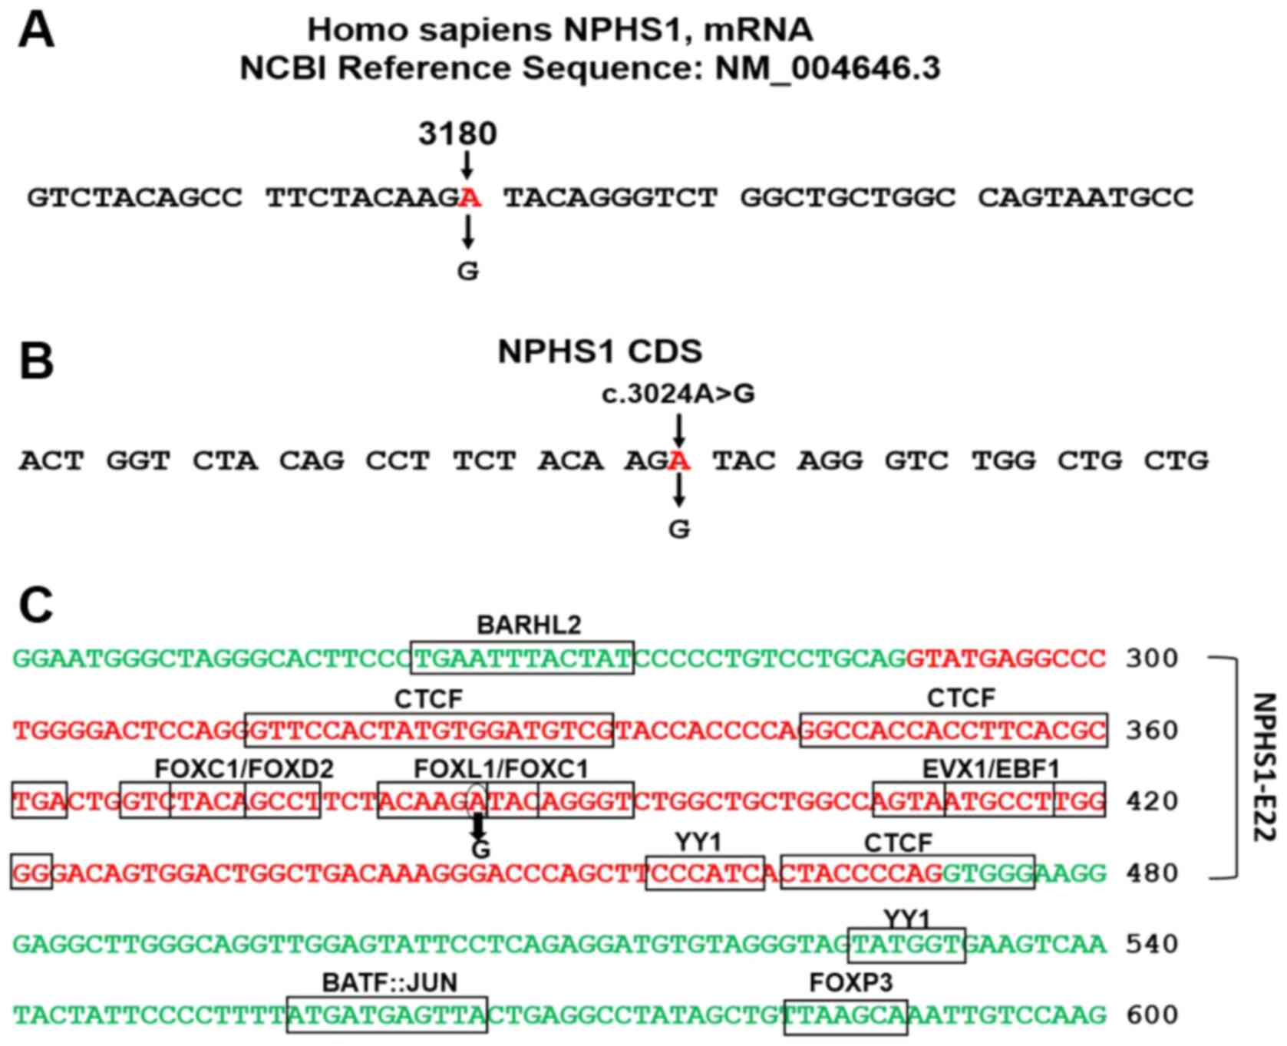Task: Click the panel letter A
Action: tap(36, 32)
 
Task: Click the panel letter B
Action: tap(36, 361)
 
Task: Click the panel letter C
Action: tap(36, 606)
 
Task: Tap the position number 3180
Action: tap(457, 134)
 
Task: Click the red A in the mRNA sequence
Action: tap(469, 198)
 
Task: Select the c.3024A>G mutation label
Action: tap(678, 394)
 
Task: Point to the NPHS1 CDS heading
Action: tap(599, 351)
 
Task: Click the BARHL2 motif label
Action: tap(529, 625)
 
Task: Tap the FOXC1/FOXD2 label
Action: tap(244, 769)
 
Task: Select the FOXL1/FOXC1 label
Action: tap(501, 769)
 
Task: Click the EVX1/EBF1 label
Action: tap(990, 769)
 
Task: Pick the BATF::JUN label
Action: tap(389, 982)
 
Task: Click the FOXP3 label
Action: tap(850, 982)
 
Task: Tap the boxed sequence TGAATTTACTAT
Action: tap(522, 658)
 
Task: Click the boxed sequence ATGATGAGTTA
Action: tap(387, 1015)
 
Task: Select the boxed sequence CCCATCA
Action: tap(705, 873)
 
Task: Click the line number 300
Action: tap(1151, 658)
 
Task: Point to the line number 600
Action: tap(1151, 1015)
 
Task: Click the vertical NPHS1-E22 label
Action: tap(1262, 767)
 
